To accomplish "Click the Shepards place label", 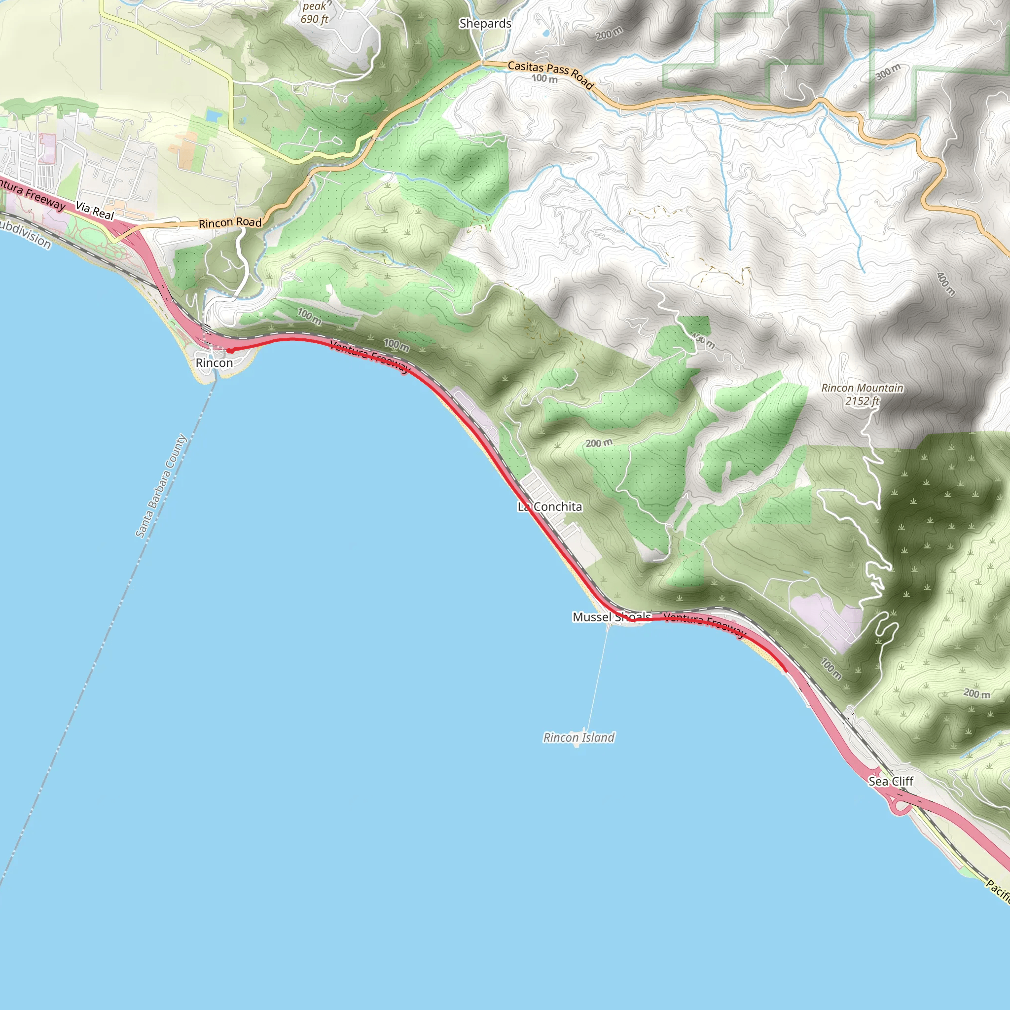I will click(485, 24).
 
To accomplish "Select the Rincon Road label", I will click(230, 222).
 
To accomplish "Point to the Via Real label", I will click(95, 210).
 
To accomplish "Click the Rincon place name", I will click(214, 363).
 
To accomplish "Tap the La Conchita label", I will click(549, 506).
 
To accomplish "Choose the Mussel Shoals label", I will click(612, 617).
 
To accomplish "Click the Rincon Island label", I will click(578, 737).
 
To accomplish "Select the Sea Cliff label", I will click(891, 781).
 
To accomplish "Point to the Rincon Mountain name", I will click(862, 388).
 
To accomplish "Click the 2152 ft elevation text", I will click(863, 401).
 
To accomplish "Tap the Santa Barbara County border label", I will click(161, 486).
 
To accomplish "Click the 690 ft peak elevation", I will click(314, 19).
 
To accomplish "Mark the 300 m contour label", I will click(888, 72).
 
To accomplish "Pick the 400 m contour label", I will click(946, 284).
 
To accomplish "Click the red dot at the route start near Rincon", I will click(230, 350).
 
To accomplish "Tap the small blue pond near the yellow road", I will click(214, 115).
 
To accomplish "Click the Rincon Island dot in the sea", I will click(577, 746).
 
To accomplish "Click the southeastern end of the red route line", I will click(786, 671).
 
